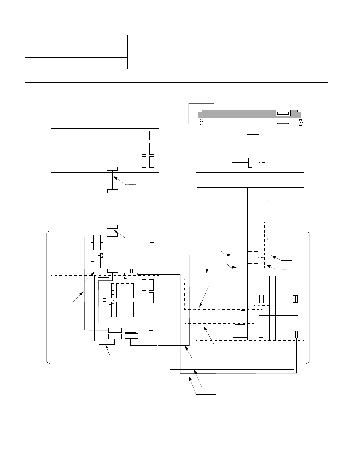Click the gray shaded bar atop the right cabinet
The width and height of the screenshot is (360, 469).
[x=237, y=114]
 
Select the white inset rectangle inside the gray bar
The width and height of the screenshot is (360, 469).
[x=283, y=113]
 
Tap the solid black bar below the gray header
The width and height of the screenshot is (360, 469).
[x=283, y=123]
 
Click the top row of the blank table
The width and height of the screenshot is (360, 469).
[x=76, y=40]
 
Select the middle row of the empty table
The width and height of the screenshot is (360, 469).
[x=76, y=52]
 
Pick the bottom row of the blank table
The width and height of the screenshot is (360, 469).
[x=76, y=63]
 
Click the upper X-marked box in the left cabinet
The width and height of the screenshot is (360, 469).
[x=102, y=256]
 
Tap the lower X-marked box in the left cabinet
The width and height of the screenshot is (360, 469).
[x=113, y=304]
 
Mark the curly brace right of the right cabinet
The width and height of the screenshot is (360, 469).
[x=308, y=297]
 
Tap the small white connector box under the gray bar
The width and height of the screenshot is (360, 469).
[x=214, y=125]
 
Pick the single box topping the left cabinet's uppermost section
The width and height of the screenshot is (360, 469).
[x=151, y=135]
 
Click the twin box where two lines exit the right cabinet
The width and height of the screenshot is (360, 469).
[x=295, y=334]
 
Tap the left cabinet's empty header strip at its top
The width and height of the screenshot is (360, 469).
[x=104, y=121]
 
